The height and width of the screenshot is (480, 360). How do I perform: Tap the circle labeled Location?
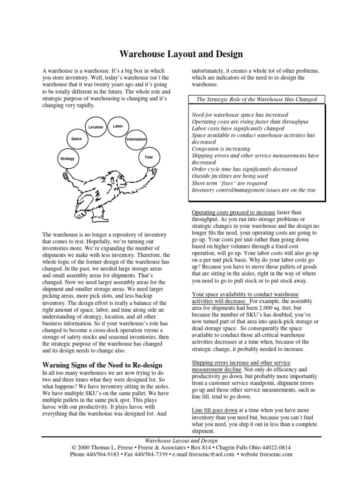coord(96,127)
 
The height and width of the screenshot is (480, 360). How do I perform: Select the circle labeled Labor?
coord(118,126)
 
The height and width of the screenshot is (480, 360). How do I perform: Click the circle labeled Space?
coord(76,139)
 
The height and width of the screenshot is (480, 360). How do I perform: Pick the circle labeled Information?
coord(136,140)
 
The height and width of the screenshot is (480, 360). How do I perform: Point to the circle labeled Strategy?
coord(67,159)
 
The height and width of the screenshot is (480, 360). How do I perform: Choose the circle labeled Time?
coord(149,157)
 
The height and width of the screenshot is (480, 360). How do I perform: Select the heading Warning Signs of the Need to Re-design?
coord(102,365)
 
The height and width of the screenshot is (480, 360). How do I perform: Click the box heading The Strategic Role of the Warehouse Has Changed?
coord(256,99)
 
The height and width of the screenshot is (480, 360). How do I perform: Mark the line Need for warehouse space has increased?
coord(240,115)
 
